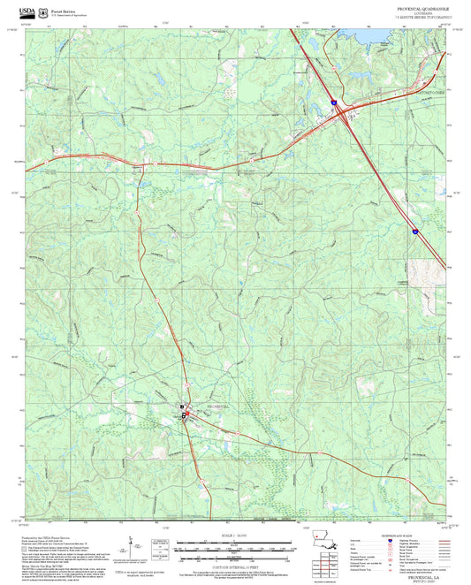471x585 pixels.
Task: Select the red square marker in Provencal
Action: pyautogui.click(x=186, y=413)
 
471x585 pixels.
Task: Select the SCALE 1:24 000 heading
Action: pyautogui.click(x=235, y=536)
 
